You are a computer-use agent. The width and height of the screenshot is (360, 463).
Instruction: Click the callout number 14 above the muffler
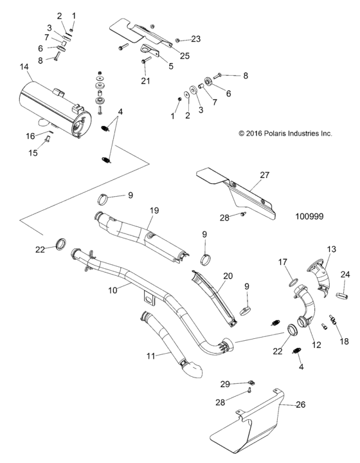24,67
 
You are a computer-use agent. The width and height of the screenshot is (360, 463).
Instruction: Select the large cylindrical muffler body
55,106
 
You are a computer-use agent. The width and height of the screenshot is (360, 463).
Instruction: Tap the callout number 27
264,174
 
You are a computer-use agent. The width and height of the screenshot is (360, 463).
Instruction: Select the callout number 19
154,210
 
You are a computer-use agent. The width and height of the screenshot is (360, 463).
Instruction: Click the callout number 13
332,249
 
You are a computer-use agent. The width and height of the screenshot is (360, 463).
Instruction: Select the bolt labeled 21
145,60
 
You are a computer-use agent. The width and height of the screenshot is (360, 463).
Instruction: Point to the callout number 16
30,136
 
